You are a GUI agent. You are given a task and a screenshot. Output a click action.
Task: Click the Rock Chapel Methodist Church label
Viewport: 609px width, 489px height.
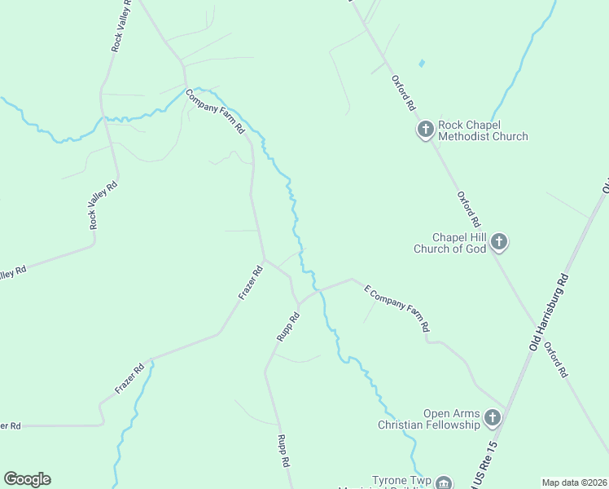483,130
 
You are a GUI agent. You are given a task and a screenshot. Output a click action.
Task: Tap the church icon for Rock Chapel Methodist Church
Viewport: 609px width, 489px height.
425,130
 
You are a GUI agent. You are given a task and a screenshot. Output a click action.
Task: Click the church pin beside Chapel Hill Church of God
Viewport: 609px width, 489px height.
499,242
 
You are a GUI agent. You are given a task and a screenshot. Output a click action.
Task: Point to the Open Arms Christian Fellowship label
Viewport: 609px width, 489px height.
429,419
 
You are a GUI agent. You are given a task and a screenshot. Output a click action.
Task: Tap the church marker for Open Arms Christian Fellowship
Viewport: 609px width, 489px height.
492,418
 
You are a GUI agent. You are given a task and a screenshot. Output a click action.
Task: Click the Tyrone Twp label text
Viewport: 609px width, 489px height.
400,480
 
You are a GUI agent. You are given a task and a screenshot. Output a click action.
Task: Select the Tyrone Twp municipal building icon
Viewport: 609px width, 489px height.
443,482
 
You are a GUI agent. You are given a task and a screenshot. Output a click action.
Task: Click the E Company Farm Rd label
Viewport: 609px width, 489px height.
397,308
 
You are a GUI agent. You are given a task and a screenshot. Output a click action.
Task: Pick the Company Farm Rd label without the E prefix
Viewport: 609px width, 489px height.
215,112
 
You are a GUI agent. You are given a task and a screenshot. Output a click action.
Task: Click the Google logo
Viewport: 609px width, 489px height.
27,479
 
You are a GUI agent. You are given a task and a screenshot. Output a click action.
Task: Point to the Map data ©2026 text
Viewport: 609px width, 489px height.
574,482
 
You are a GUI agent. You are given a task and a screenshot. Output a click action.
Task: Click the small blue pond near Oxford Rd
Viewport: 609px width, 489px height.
421,63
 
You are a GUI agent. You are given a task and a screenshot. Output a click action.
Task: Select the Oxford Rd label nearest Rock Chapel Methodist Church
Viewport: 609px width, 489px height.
404,94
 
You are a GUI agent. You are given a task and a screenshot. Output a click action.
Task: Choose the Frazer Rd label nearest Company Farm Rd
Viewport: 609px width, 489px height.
252,282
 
